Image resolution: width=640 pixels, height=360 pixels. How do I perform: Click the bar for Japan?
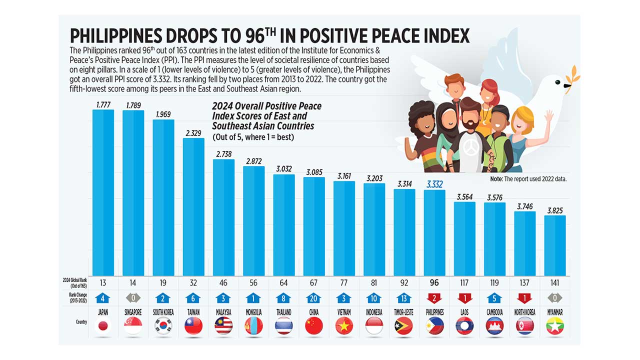103,192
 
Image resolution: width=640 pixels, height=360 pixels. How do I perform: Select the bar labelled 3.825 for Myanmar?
555,245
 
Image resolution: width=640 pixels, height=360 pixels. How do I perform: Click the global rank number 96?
434,283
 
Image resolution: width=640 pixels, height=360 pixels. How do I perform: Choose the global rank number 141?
554,283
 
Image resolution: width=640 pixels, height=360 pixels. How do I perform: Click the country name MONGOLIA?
253,312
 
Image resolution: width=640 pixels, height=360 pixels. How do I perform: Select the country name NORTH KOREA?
524,312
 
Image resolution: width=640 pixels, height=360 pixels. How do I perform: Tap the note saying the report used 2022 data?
528,178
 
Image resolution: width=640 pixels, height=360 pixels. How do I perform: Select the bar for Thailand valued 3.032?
284,225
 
